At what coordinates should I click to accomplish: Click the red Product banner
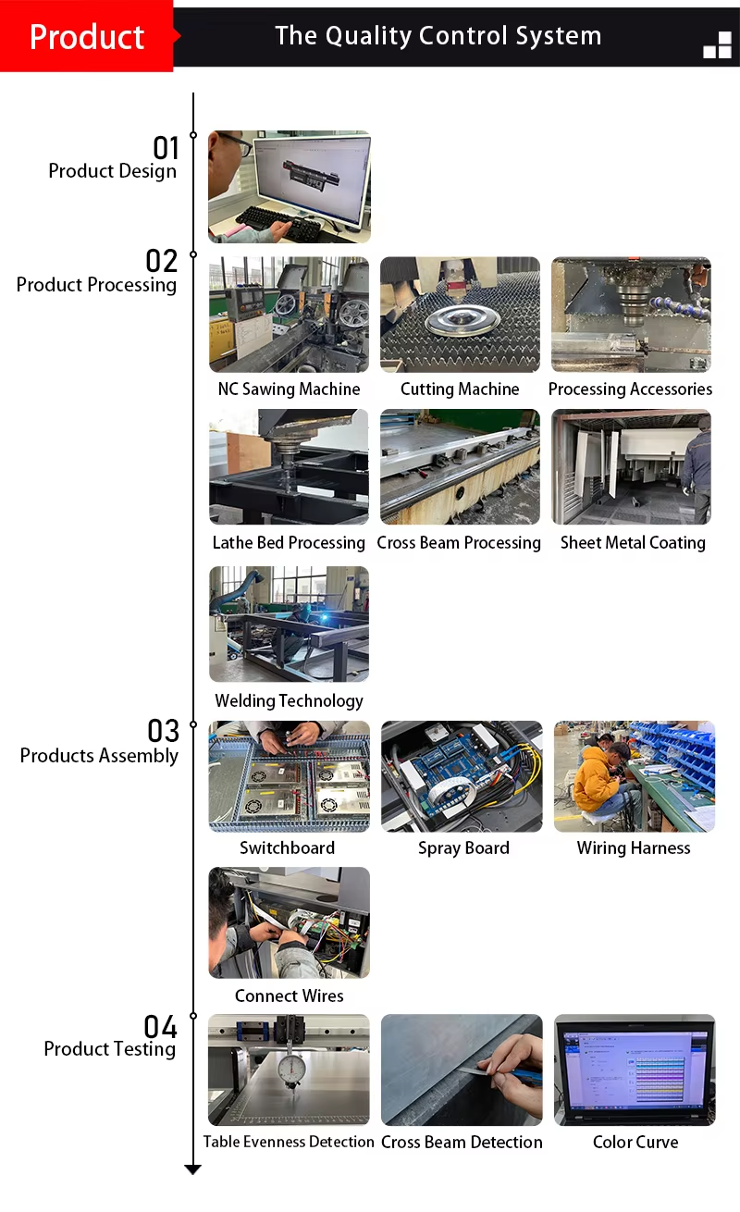pos(87,36)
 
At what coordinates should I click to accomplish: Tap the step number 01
pos(166,148)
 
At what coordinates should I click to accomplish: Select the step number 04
pos(160,1027)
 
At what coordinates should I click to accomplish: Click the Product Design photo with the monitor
pos(290,186)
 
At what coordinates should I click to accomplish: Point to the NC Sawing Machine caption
pos(289,389)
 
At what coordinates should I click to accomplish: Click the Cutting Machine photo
pos(460,315)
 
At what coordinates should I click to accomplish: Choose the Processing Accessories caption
pos(630,389)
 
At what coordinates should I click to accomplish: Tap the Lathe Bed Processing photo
pos(289,466)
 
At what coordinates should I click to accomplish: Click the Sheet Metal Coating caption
pos(633,542)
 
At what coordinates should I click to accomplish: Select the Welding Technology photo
pos(289,624)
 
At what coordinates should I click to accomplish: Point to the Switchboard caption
pos(288,847)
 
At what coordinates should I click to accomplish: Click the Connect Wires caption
pos(289,996)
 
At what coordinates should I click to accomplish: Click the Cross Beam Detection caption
pos(462,1142)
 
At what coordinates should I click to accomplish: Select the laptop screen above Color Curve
pos(635,1067)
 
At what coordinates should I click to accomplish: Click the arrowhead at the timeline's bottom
pos(193,1169)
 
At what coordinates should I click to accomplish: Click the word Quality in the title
pos(368,36)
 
